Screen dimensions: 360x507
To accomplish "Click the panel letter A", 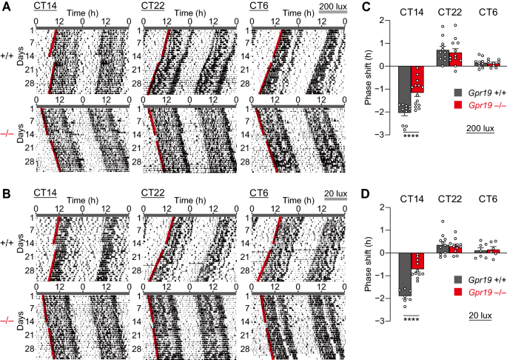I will pos(5,7).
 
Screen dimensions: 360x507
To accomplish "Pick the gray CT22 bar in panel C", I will pos(442,58).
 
